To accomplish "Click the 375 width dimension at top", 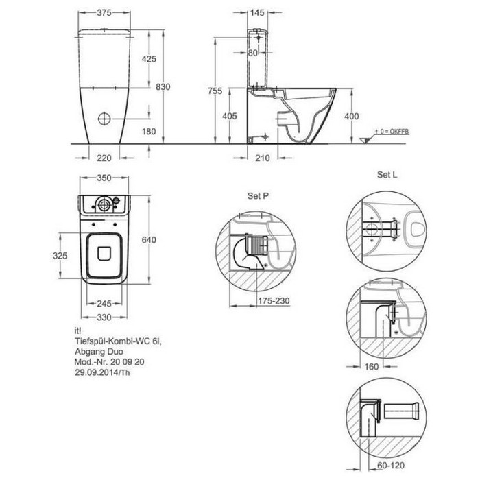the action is coord(104,13).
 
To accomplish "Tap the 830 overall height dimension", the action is coord(163,87).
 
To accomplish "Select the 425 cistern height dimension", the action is coord(149,59).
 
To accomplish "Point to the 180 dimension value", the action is coord(149,132).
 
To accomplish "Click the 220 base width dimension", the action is coord(104,158).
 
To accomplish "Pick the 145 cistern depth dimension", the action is coord(257,13).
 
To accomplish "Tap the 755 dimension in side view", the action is coord(215,91).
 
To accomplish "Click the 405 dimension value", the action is coord(230,116).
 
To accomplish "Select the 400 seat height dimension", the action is coord(351,117).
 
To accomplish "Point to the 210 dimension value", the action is coord(263,158).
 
